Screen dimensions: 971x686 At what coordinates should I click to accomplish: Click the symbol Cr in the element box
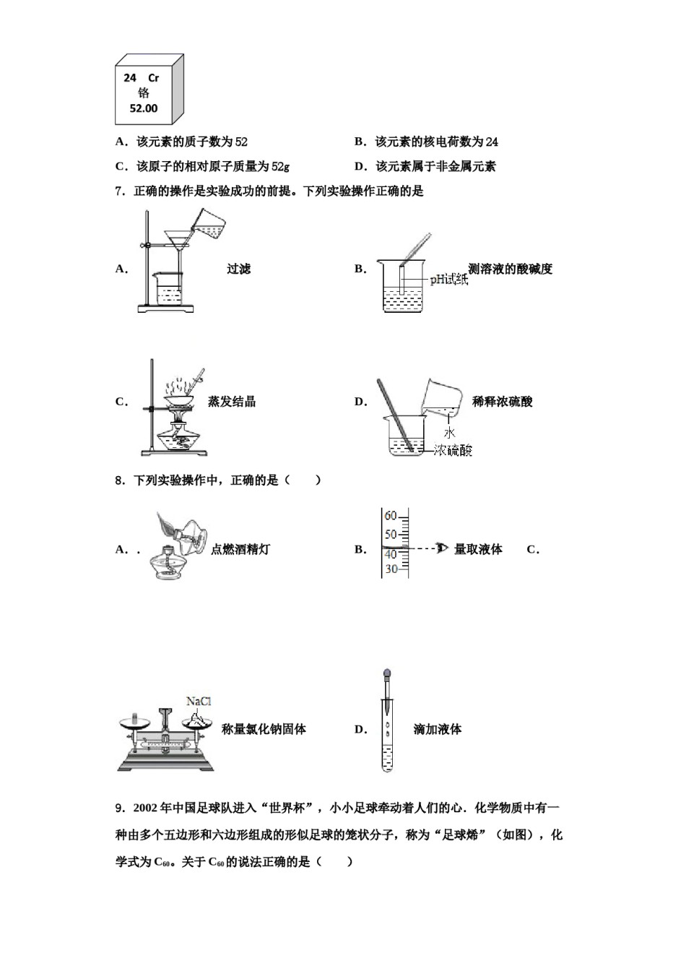click(x=153, y=78)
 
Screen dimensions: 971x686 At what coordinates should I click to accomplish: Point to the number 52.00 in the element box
click(x=143, y=108)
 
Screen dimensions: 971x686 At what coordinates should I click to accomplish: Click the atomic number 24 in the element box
click(x=130, y=78)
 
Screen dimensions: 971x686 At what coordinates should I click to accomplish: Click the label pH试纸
click(x=449, y=280)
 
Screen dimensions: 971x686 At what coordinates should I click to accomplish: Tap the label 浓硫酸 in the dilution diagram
click(x=453, y=451)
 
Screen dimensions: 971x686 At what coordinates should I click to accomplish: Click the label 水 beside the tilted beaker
click(x=449, y=433)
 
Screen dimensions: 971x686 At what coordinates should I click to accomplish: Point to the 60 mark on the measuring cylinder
click(x=391, y=517)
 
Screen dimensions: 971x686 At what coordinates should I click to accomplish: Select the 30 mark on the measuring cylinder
click(x=391, y=569)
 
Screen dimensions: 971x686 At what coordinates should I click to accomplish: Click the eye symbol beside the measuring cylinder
click(x=442, y=549)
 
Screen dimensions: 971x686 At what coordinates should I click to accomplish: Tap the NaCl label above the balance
click(x=199, y=702)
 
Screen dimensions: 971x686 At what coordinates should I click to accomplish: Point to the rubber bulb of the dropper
click(x=388, y=676)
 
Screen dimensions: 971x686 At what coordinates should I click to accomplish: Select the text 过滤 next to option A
click(x=238, y=269)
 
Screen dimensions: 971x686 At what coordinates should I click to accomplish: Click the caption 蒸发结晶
click(x=231, y=402)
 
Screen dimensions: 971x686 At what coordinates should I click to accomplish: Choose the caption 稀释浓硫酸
click(x=502, y=402)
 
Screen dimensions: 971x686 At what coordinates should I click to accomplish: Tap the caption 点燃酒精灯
click(x=240, y=549)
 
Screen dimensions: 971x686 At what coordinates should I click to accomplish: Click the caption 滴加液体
click(x=437, y=730)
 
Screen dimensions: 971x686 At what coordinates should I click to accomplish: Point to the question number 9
click(x=119, y=808)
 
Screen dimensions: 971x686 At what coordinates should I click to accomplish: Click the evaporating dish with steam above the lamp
click(x=182, y=398)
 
